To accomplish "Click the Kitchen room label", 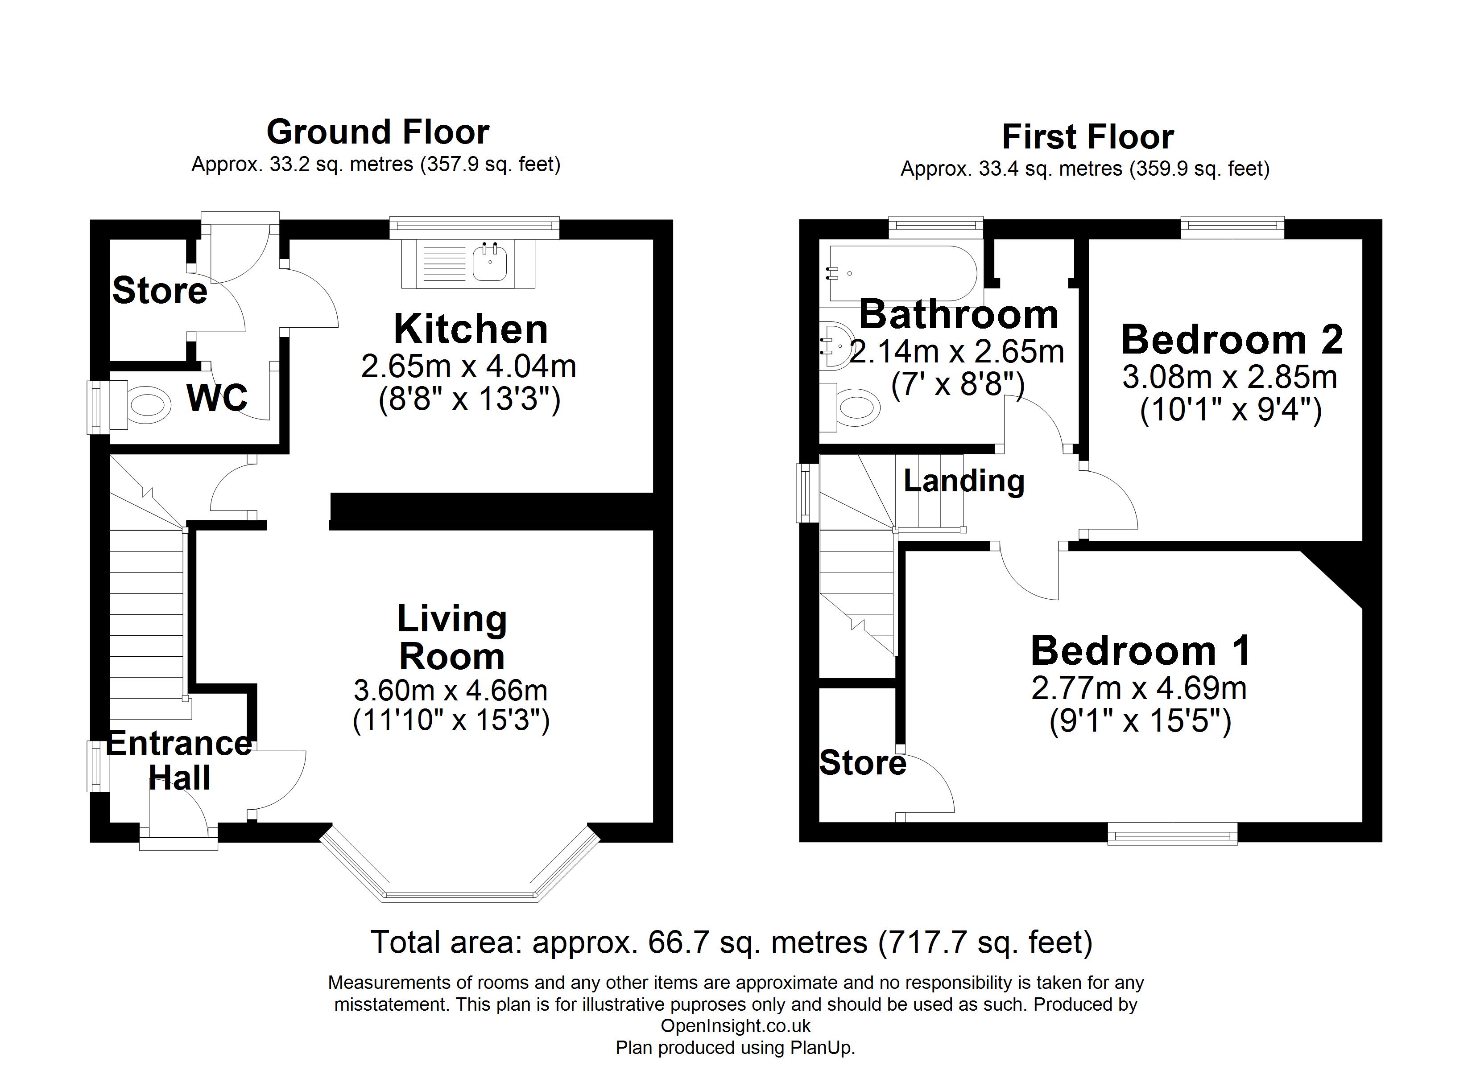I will pyautogui.click(x=471, y=329).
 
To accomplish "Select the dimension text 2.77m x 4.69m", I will pyautogui.click(x=1139, y=688).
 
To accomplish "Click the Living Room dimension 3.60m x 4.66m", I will pyautogui.click(x=451, y=691).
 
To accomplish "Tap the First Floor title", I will pyautogui.click(x=1088, y=137).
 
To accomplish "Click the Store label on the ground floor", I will pyautogui.click(x=160, y=290).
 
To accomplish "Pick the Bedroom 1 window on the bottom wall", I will pyautogui.click(x=1172, y=833).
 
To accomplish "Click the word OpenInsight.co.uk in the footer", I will pyautogui.click(x=736, y=1026).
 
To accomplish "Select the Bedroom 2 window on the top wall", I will pyautogui.click(x=1232, y=226).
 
